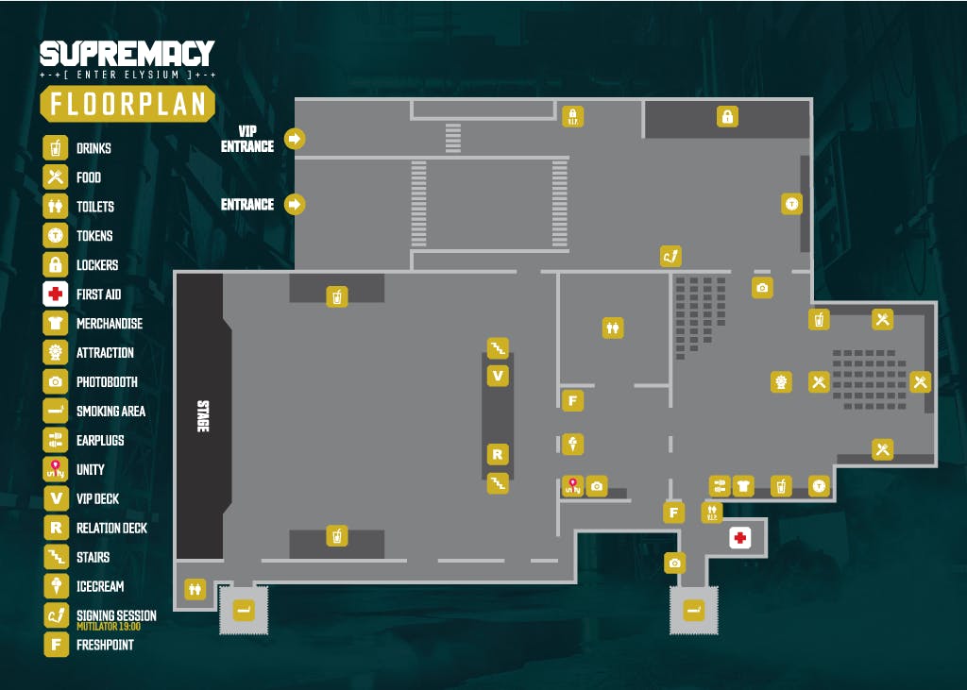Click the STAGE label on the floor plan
pos(203,416)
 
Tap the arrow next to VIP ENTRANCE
pos(295,139)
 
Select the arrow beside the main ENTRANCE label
pos(295,204)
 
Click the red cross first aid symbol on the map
pos(740,538)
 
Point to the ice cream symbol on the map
pos(573,444)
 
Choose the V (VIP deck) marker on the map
pos(498,376)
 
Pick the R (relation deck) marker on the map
pos(498,455)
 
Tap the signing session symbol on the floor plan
pos(671,256)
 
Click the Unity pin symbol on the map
pos(573,486)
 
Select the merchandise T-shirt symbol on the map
pos(743,486)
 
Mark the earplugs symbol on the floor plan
pos(720,486)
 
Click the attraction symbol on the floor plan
pos(781,382)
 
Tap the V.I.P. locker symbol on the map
pos(573,116)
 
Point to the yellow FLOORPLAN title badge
pos(127,104)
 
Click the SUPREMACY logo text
pos(127,54)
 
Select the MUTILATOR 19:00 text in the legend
pos(109,627)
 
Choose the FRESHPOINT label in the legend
pos(105,645)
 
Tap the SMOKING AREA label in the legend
pos(111,412)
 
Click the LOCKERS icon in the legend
pos(56,264)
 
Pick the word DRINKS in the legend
pos(93,148)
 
